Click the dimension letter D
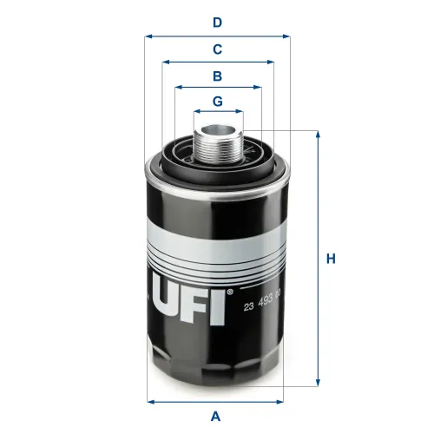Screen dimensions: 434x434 coord(218,22)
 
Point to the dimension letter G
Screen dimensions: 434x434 coord(218,101)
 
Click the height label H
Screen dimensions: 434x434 coord(331,258)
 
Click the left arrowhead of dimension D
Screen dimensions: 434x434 coord(148,36)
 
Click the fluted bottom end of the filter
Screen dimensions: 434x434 coord(217,369)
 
